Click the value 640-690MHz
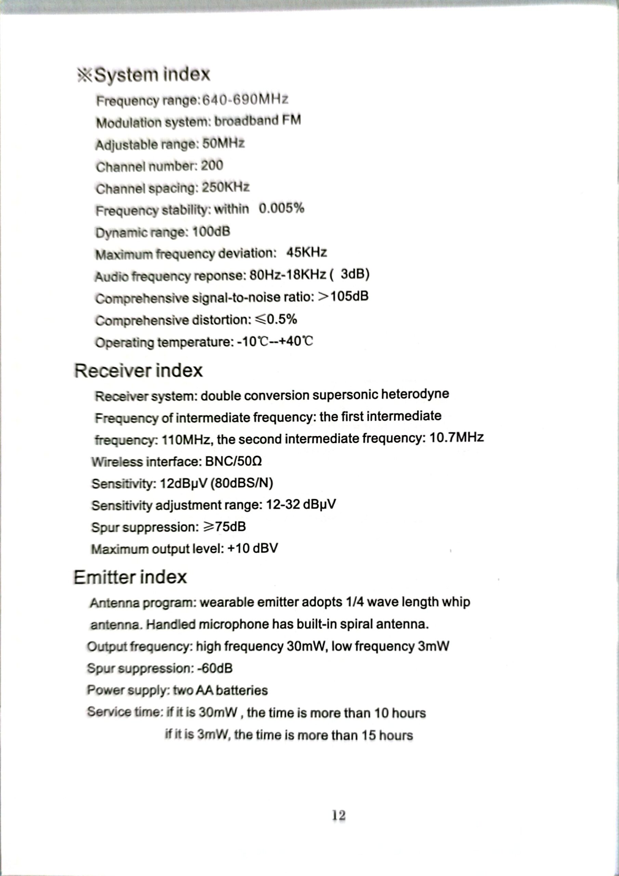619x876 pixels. (x=245, y=100)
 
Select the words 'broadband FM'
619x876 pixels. (x=258, y=121)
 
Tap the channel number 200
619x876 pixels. (x=212, y=166)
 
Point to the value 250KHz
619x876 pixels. (x=225, y=187)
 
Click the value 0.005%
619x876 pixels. (x=281, y=208)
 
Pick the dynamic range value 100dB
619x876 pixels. (x=211, y=232)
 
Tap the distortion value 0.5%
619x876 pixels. (x=281, y=319)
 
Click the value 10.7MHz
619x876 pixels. (x=457, y=437)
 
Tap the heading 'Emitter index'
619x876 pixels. (x=130, y=577)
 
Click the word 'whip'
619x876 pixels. (x=456, y=602)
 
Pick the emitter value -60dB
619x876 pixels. (x=215, y=668)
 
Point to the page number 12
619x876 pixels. (x=339, y=815)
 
